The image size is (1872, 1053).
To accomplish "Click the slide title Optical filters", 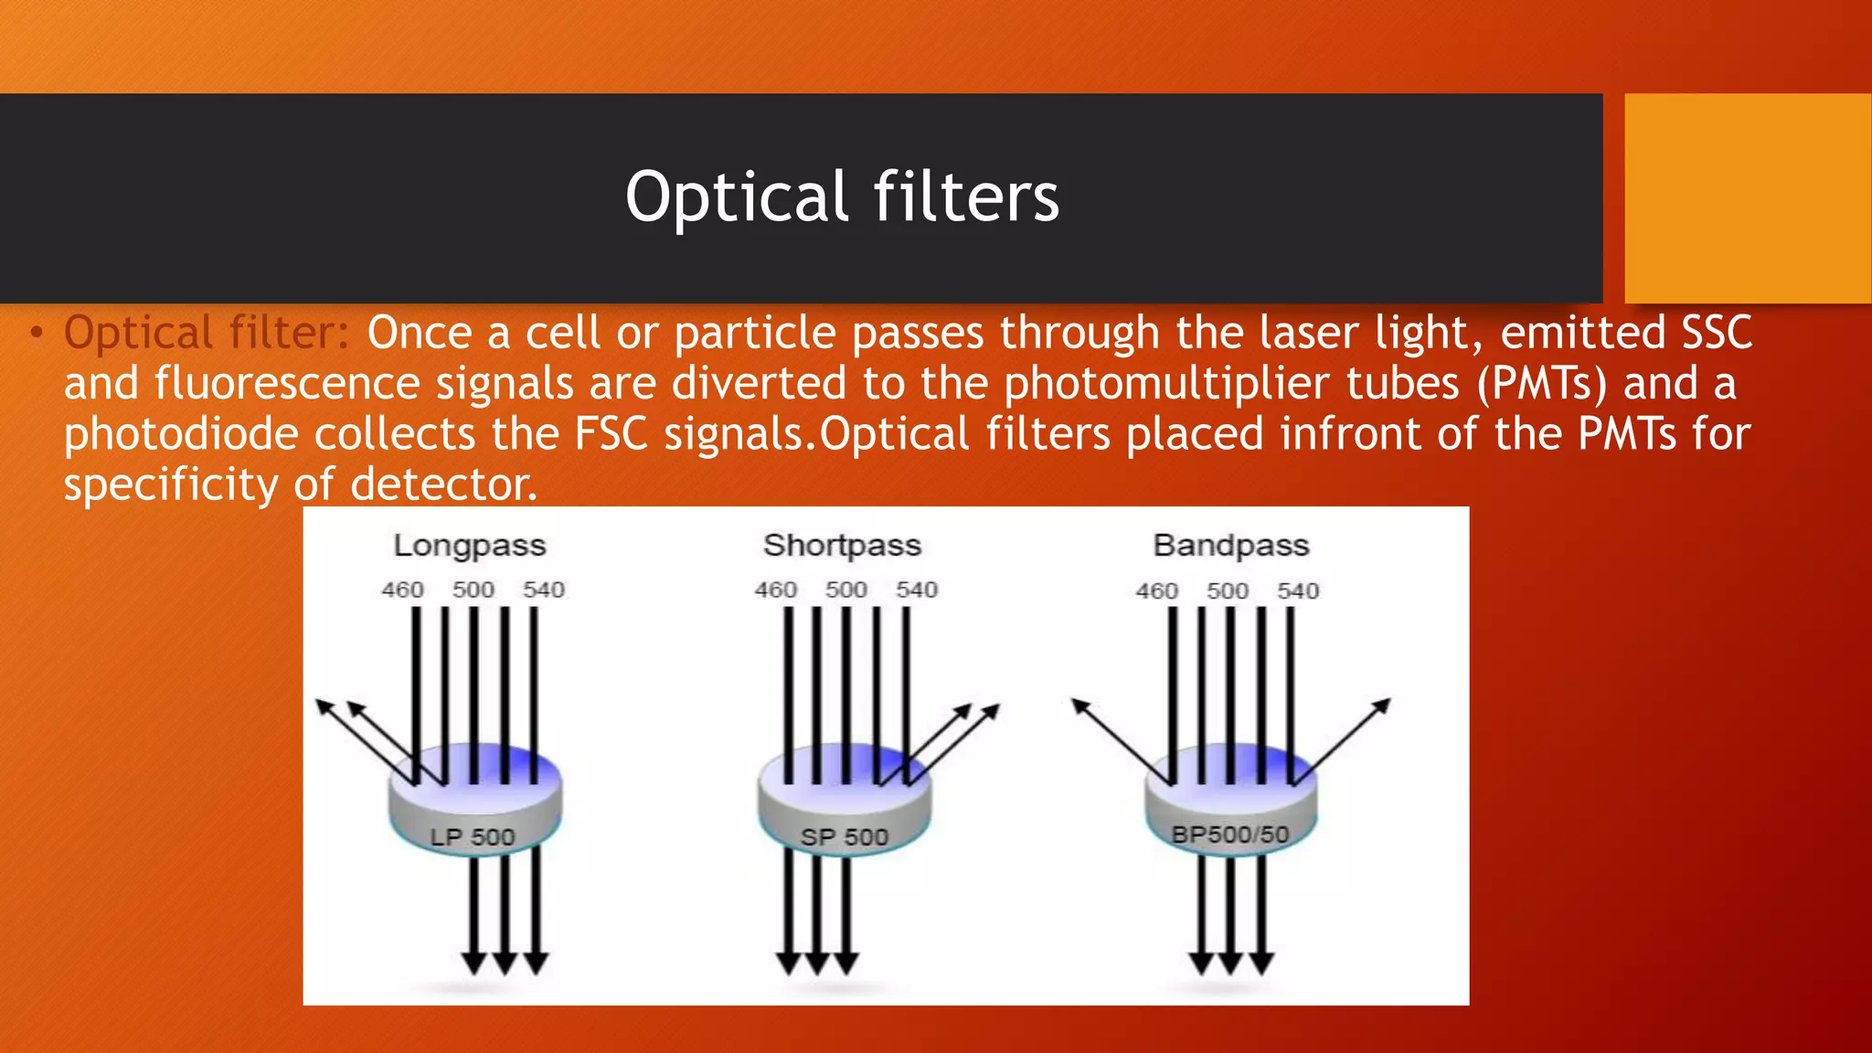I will click(x=842, y=197).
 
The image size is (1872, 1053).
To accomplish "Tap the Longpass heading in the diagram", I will click(x=469, y=546).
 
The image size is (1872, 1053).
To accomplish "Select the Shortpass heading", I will click(x=842, y=546).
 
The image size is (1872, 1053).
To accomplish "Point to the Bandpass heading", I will click(x=1230, y=546).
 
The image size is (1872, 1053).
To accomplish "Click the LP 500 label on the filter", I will click(x=473, y=836).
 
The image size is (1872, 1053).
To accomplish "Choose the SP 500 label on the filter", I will click(x=844, y=836).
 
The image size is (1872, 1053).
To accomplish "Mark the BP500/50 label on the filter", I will click(x=1229, y=834).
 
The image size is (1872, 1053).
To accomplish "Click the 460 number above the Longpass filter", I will click(x=402, y=590).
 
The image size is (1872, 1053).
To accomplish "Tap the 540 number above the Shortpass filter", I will click(x=916, y=590).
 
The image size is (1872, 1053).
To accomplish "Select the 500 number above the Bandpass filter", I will click(x=1227, y=590).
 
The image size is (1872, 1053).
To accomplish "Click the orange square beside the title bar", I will click(x=1748, y=197).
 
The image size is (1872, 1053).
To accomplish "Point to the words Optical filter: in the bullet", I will click(x=207, y=333).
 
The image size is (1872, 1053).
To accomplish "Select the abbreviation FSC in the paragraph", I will click(x=611, y=433).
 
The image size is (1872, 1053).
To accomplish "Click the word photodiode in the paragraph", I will click(x=181, y=434).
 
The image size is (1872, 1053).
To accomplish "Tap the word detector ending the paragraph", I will click(x=442, y=484).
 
